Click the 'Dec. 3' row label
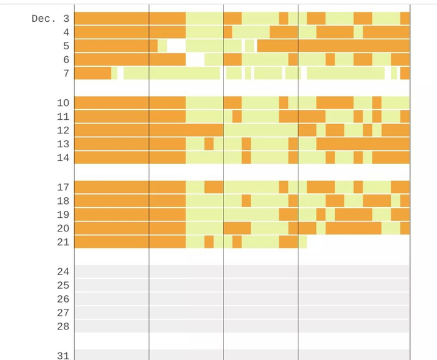tap(51, 19)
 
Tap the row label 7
tap(66, 73)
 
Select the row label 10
tap(63, 103)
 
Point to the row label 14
tap(63, 158)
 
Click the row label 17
tap(63, 187)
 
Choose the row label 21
tap(63, 242)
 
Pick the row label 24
tap(63, 271)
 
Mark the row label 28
tap(63, 326)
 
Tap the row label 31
tap(63, 356)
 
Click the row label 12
tap(63, 130)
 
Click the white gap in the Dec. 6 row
tap(195, 59)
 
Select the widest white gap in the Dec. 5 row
tap(177, 46)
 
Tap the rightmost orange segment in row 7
tap(405, 73)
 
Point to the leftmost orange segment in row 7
tap(93, 73)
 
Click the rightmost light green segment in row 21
tap(302, 242)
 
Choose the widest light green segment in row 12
tap(261, 130)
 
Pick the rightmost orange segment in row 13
tap(363, 144)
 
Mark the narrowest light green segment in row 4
tap(358, 32)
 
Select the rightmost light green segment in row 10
tap(395, 103)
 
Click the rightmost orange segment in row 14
tap(391, 157)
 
